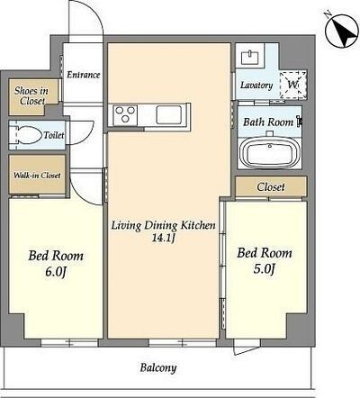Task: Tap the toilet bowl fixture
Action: point(25,135)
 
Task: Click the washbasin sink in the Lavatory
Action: point(249,58)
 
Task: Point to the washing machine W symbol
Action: point(292,85)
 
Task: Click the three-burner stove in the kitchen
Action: point(125,114)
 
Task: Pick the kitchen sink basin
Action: point(168,114)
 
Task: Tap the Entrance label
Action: point(83,75)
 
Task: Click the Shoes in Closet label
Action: point(31,95)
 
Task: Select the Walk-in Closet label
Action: point(37,176)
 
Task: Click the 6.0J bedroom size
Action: point(56,272)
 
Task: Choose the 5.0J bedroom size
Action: point(265,269)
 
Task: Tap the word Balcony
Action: point(158,368)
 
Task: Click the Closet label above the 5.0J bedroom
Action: point(271,187)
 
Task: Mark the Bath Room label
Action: point(268,122)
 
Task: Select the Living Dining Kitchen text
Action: point(164,225)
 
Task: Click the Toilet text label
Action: point(54,135)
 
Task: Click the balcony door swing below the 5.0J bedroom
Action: point(246,348)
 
